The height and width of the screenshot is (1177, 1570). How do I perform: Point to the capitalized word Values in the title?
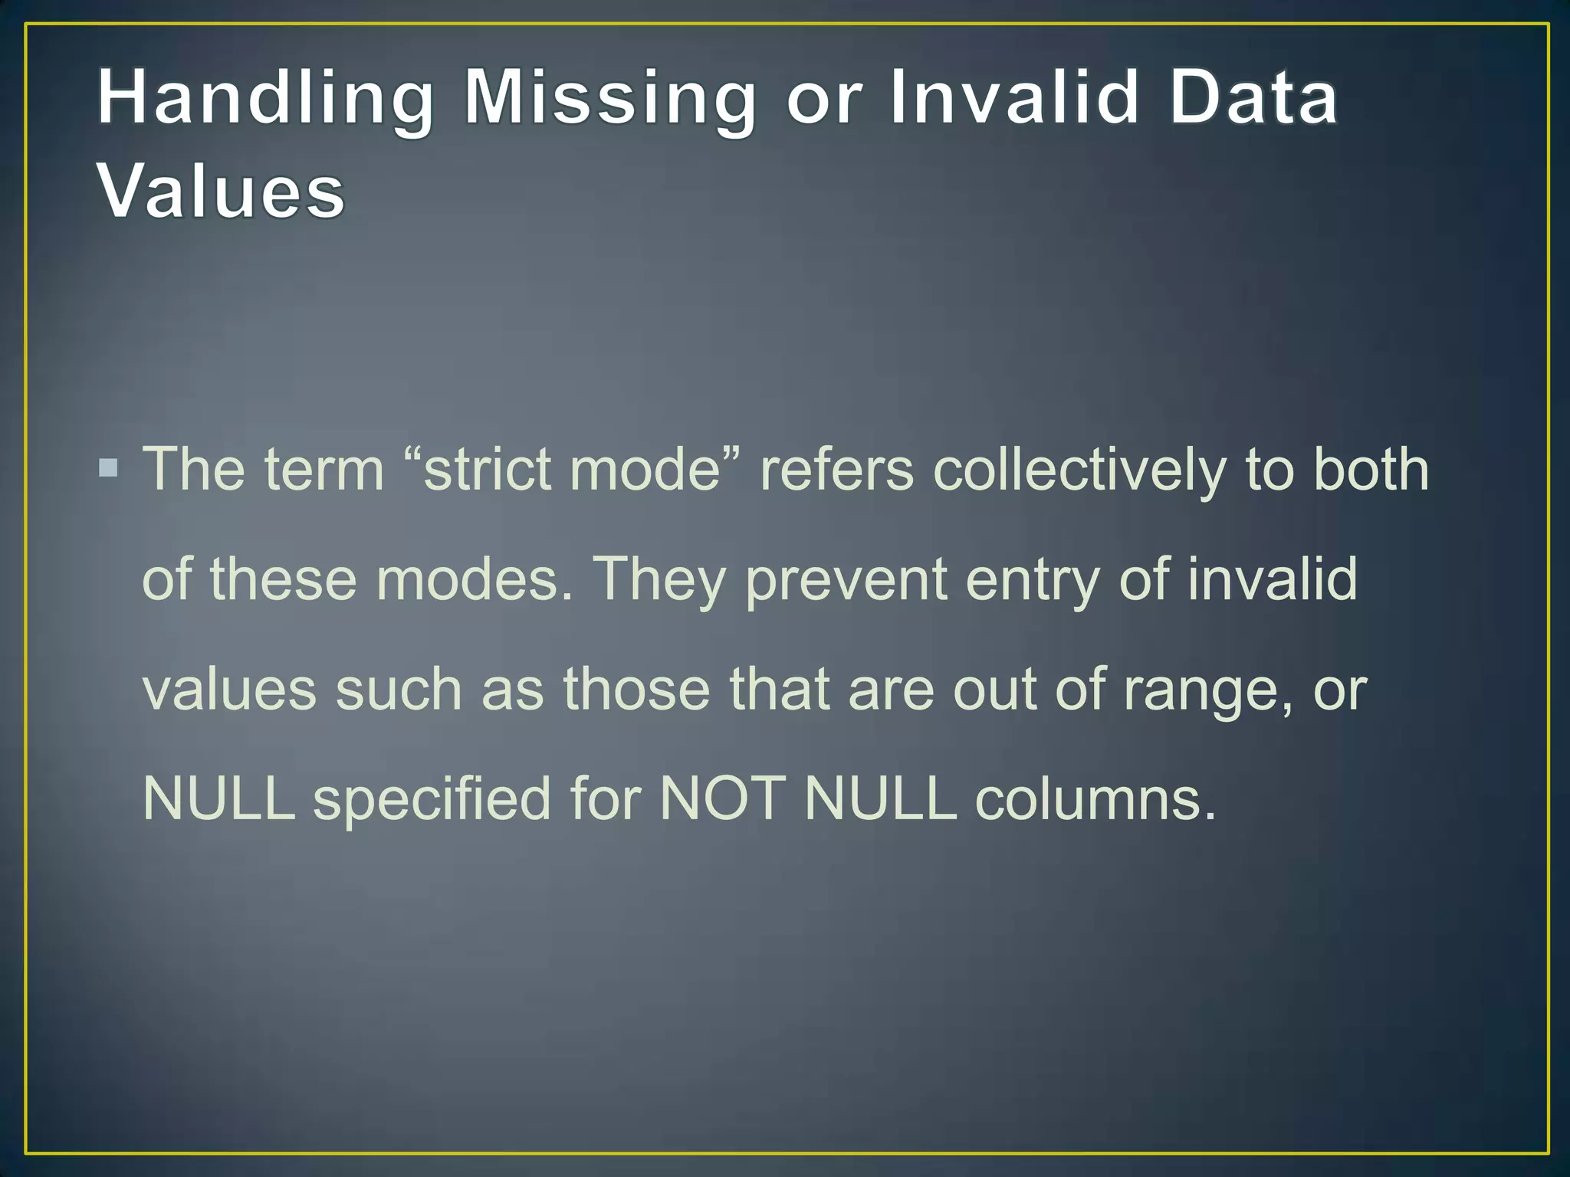(x=221, y=192)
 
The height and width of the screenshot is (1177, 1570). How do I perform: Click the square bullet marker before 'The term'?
(x=109, y=467)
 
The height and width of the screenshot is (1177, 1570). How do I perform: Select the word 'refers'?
(x=836, y=469)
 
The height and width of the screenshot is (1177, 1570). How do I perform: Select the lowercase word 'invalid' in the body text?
(x=1272, y=579)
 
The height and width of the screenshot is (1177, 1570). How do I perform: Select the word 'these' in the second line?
(x=284, y=579)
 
